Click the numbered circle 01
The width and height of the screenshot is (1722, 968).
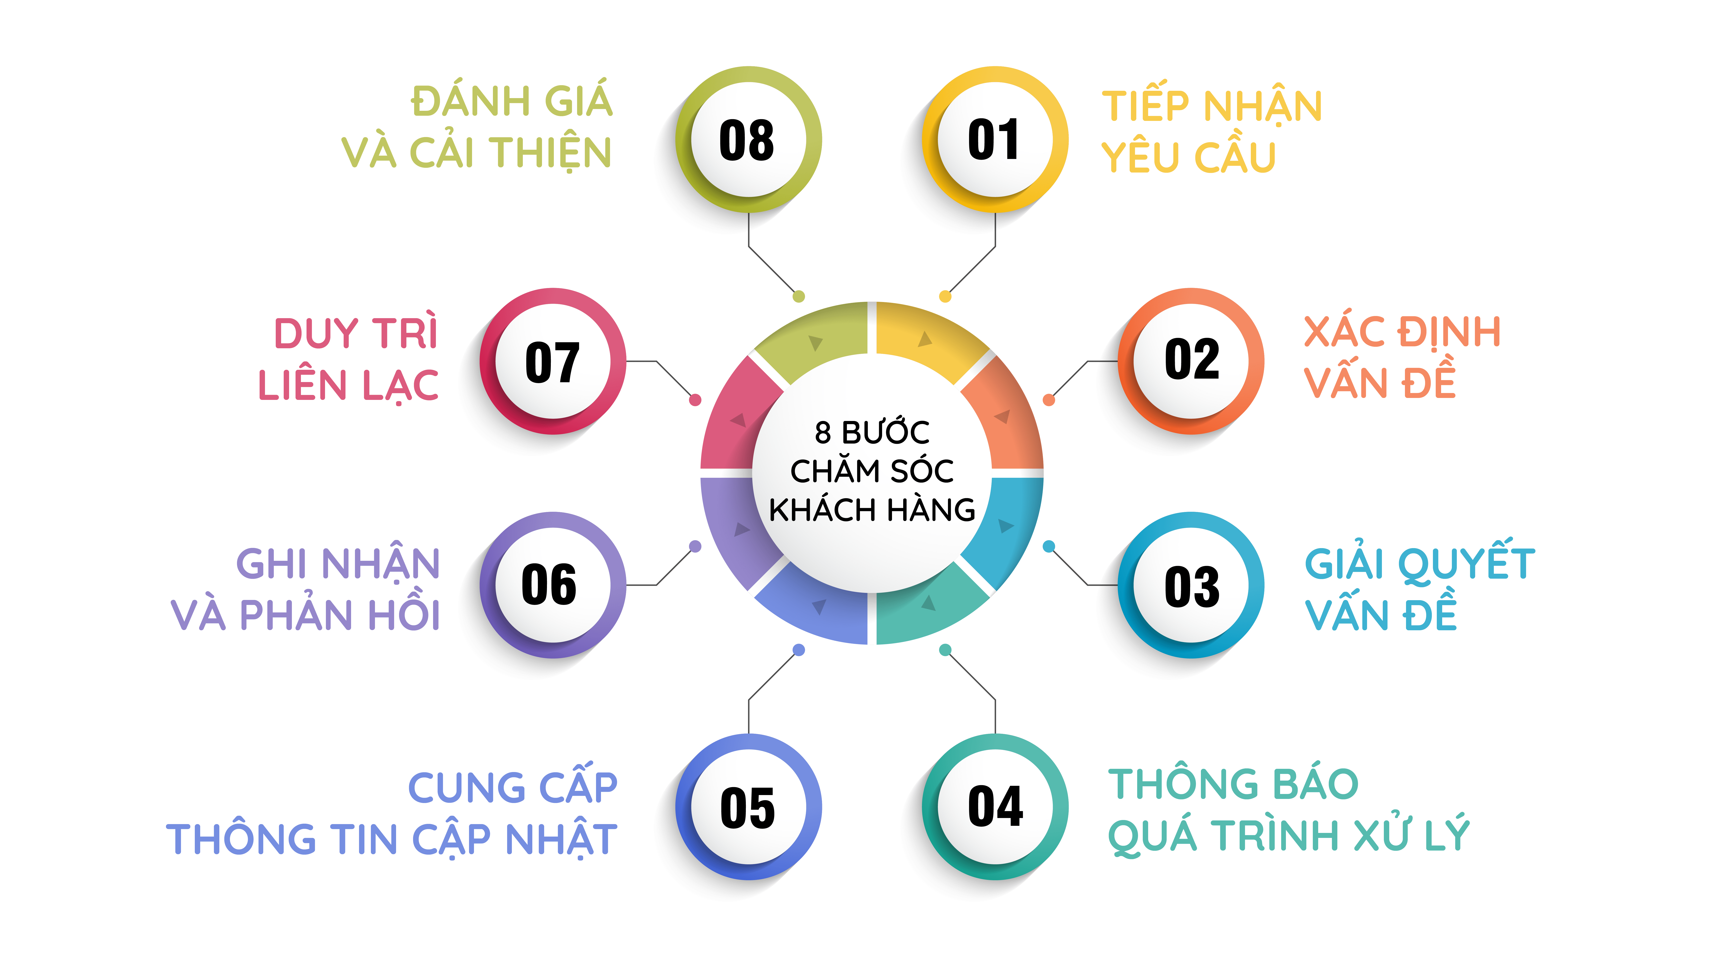pyautogui.click(x=995, y=140)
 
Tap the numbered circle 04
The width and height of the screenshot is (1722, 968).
pyautogui.click(x=995, y=806)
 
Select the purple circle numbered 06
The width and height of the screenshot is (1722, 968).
pyautogui.click(x=552, y=584)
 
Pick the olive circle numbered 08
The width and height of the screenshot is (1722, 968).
pyautogui.click(x=748, y=140)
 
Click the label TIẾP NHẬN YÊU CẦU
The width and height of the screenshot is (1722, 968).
pyautogui.click(x=1211, y=131)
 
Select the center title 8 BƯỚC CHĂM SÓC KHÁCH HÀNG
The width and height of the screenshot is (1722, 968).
pyautogui.click(x=872, y=470)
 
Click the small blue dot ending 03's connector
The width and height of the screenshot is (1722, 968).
pyautogui.click(x=1049, y=546)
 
